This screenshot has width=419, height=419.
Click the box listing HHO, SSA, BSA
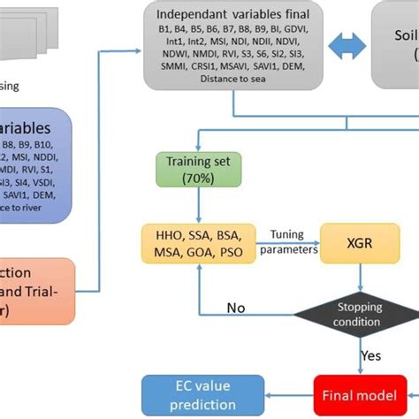click(x=199, y=242)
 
